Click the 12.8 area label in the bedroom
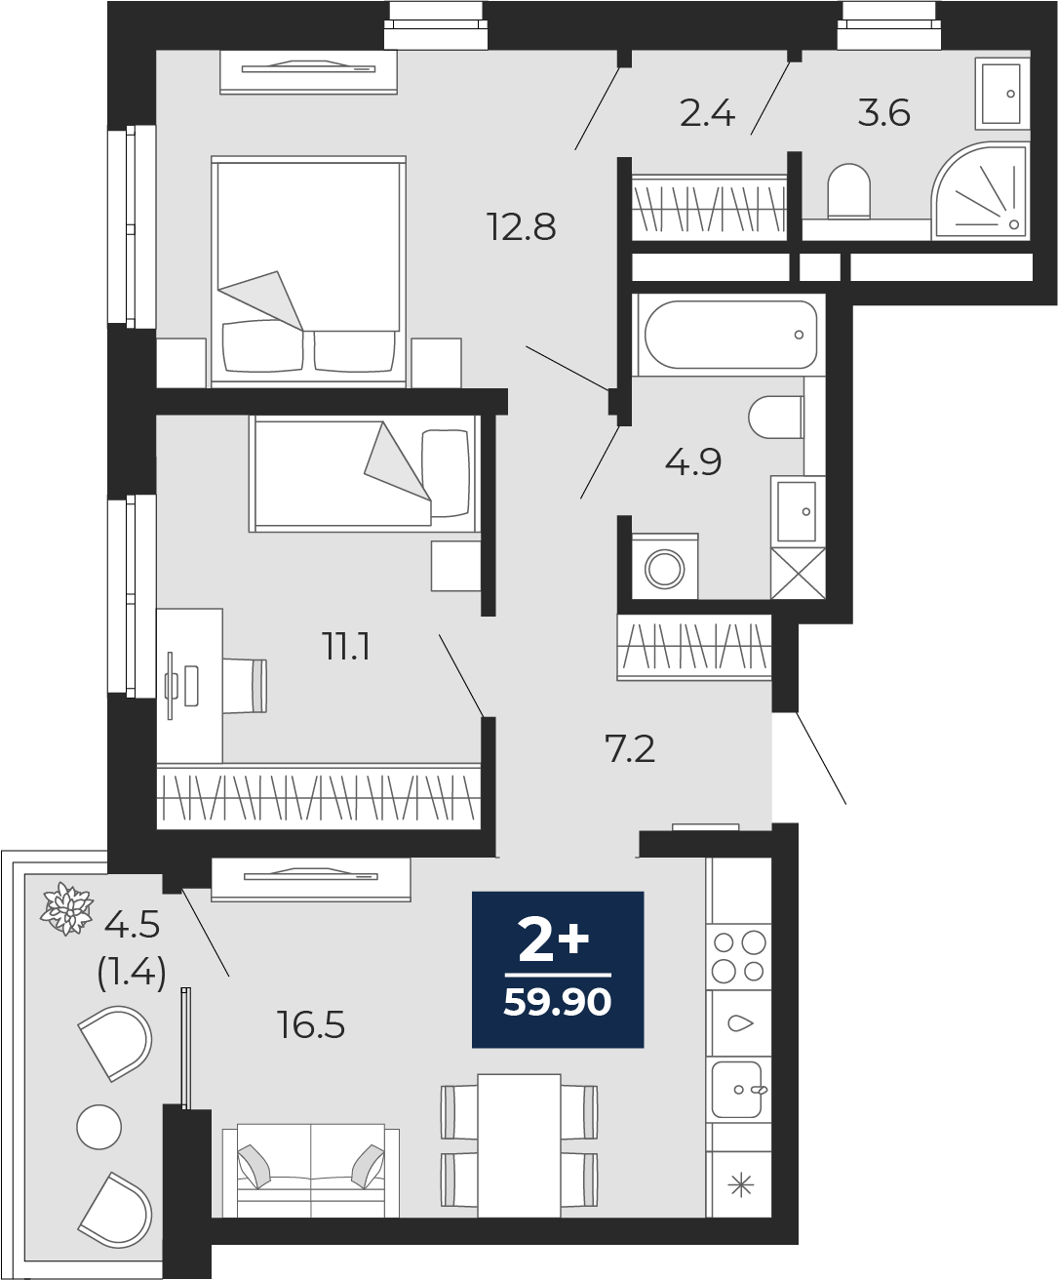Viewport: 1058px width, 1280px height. coord(522,226)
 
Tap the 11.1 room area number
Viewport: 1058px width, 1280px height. coord(346,648)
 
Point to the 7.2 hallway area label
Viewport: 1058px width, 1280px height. coord(630,749)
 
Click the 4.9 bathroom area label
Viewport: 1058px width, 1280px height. coord(693,461)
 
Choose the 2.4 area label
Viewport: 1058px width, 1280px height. coord(708,114)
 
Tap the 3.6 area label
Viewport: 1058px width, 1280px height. coord(884,113)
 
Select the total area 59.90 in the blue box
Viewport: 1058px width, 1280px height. coord(558,1003)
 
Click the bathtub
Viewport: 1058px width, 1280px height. coord(730,335)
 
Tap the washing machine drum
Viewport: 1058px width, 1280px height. coord(665,568)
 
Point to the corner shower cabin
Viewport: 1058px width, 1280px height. coord(980,191)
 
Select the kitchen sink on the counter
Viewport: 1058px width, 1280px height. coord(738,1090)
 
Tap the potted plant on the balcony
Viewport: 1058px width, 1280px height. coord(66,908)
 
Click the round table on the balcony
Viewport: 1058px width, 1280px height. coord(99,1127)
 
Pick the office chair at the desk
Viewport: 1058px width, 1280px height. coord(245,685)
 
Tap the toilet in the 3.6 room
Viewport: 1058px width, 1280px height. coord(849,190)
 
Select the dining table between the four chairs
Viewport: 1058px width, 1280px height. coord(519,1145)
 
